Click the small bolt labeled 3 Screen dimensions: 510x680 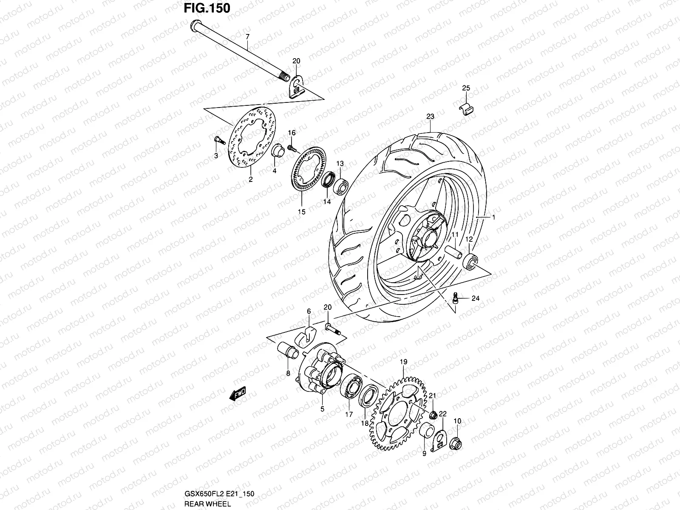pyautogui.click(x=217, y=139)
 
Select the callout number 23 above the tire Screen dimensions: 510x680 pyautogui.click(x=430, y=116)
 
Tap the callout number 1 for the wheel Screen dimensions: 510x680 pyautogui.click(x=494, y=217)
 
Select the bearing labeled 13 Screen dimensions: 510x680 pyautogui.click(x=341, y=185)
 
